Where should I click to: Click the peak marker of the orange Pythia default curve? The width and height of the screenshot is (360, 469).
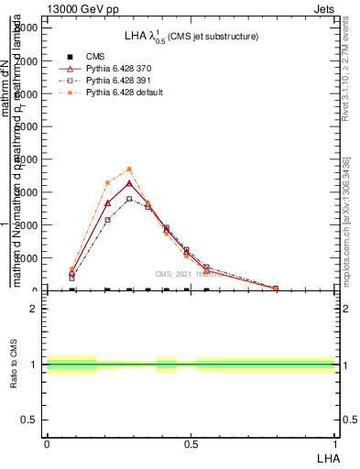pyautogui.click(x=129, y=169)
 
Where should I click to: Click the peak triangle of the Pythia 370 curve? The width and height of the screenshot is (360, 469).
pyautogui.click(x=129, y=183)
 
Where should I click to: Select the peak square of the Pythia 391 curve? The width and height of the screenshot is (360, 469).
pyautogui.click(x=129, y=199)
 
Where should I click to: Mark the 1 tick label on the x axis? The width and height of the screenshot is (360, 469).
pyautogui.click(x=334, y=444)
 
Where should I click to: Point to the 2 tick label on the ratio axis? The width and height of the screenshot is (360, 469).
pyautogui.click(x=34, y=309)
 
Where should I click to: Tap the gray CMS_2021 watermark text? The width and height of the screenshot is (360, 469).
pyautogui.click(x=184, y=273)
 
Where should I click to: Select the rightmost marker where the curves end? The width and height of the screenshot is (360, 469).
pyautogui.click(x=276, y=288)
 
